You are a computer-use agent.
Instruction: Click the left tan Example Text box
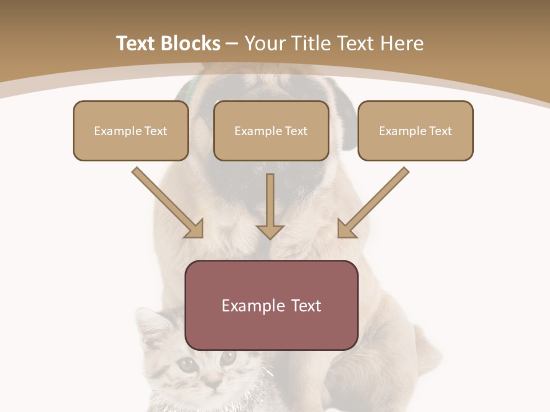coord(131,131)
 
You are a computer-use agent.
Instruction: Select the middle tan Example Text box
coord(271,131)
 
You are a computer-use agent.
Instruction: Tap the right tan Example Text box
coord(415,131)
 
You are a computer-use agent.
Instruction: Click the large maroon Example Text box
coord(272,305)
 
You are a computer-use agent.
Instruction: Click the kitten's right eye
coord(227,358)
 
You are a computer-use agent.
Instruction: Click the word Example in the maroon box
coord(250,306)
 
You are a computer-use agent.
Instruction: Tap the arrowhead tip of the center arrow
coord(270,237)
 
